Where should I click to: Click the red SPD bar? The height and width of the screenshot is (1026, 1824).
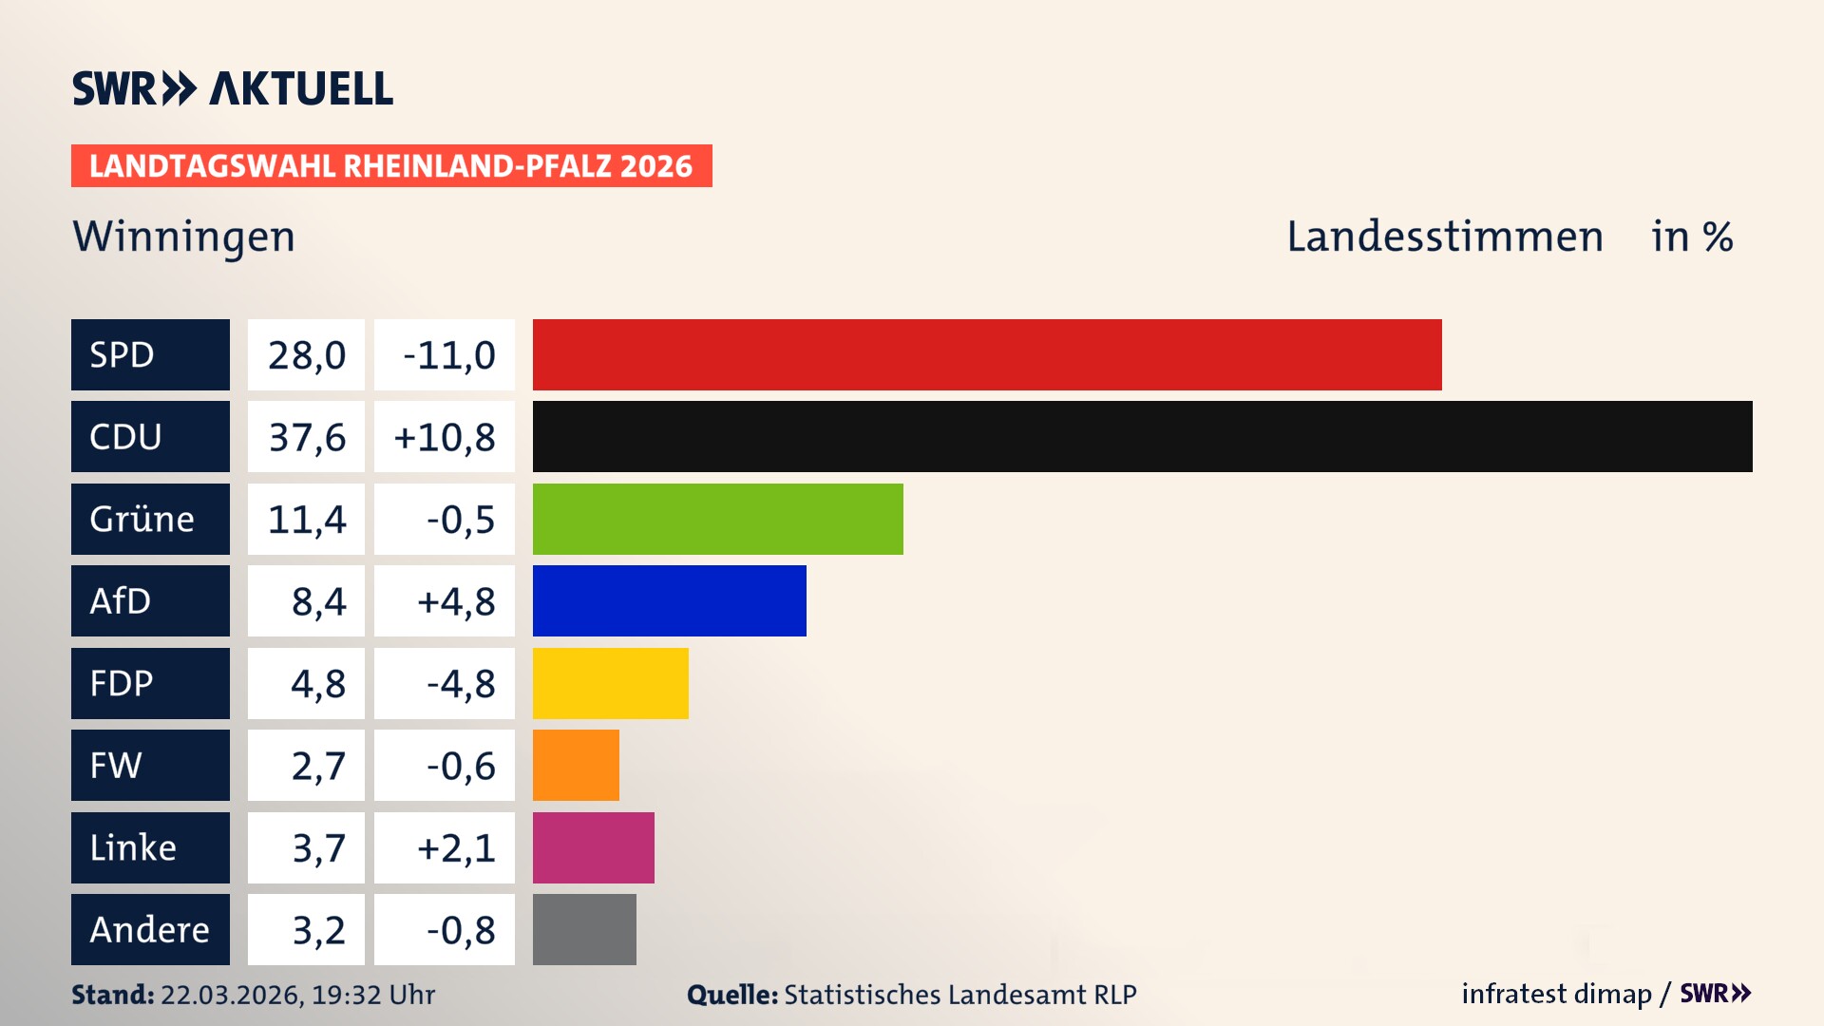pos(986,354)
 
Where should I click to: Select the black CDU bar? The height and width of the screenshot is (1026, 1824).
pos(1142,437)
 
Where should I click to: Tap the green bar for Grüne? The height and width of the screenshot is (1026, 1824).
pos(717,519)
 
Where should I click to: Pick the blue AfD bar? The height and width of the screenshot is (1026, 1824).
pos(669,601)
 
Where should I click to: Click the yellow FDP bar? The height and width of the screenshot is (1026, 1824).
pos(610,683)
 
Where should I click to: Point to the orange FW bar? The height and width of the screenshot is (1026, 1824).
pos(576,766)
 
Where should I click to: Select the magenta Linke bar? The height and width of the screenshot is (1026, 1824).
pos(593,847)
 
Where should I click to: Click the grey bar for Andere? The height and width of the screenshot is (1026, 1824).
pos(584,929)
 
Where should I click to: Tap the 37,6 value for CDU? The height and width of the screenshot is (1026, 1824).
pos(306,437)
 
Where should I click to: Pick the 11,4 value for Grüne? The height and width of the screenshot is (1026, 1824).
pos(306,519)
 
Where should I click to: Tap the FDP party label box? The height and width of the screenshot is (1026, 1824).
pos(150,683)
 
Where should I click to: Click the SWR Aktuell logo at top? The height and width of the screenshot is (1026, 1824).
pos(233,88)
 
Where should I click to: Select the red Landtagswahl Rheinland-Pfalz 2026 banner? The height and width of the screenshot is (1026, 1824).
pos(390,166)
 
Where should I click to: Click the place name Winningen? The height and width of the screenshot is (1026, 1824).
pos(184,237)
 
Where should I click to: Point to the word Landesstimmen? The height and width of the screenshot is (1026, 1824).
pos(1444,237)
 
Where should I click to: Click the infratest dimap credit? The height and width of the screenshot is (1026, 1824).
pos(1556,994)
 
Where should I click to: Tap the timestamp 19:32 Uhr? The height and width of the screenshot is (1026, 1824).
pos(373,995)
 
